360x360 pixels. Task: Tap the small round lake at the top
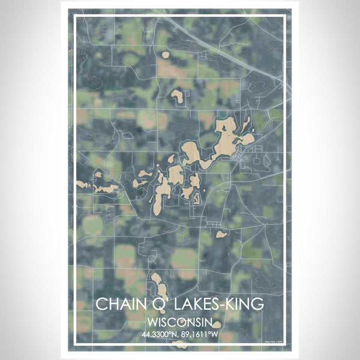(165, 55)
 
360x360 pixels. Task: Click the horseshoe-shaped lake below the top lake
(177, 94)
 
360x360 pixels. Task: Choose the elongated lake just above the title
(158, 285)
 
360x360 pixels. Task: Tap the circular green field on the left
(93, 227)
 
